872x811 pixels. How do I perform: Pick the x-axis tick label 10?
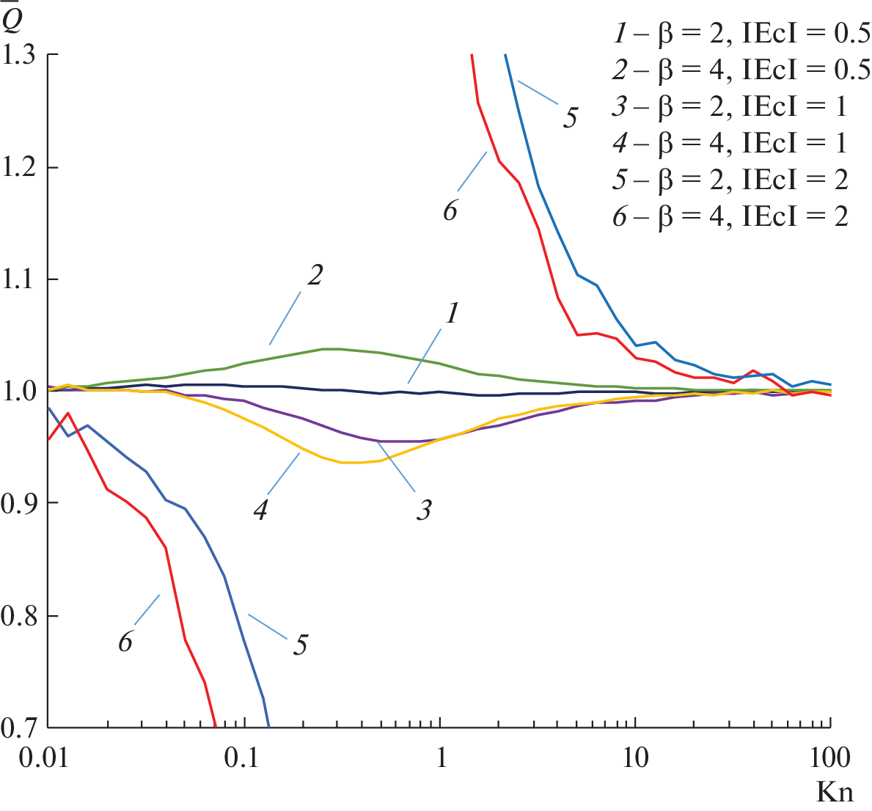click(635, 757)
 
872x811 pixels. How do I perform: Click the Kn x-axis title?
click(835, 792)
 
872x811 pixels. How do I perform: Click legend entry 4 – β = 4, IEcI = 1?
click(730, 142)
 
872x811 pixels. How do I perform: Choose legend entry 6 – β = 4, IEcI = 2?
click(730, 216)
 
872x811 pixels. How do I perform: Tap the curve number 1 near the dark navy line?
click(453, 314)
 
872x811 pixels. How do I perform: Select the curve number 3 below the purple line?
click(423, 510)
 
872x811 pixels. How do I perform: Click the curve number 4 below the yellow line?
click(260, 510)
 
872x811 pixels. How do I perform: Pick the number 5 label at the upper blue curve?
click(570, 117)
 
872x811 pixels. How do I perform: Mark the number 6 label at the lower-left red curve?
click(125, 642)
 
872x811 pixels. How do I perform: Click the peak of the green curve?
click(330, 349)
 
